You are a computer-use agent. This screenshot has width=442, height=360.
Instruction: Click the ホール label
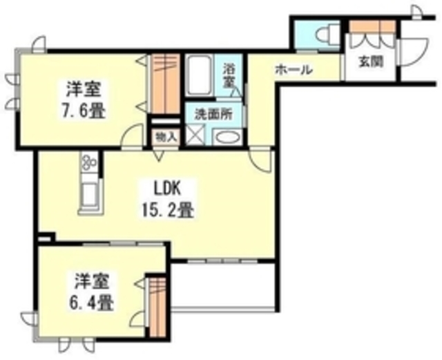pos(294,70)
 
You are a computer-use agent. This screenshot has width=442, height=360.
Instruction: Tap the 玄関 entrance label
pos(368,61)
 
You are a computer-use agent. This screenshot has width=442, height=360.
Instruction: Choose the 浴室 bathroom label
pos(230,75)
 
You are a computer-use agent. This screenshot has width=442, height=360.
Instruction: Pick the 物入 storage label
pos(166,135)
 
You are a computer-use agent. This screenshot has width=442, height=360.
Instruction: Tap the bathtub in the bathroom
pos(201,77)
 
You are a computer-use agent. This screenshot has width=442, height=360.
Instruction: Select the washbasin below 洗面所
pos(225,136)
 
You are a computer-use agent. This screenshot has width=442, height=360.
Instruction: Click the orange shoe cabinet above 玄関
pos(372,28)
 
